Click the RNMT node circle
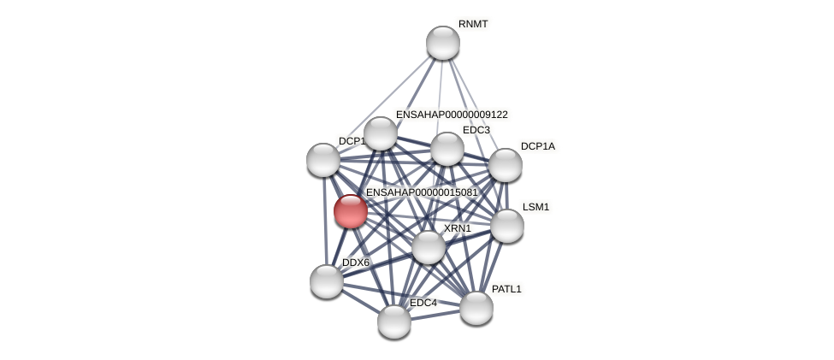click(443, 43)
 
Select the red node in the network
click(351, 211)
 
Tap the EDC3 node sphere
click(447, 149)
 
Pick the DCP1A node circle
click(506, 165)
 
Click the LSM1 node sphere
click(507, 226)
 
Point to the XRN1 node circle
click(429, 247)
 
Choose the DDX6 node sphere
click(327, 280)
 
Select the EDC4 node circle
click(394, 321)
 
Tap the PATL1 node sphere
click(476, 308)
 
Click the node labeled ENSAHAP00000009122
click(381, 133)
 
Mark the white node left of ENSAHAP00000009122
click(323, 160)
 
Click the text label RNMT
click(473, 24)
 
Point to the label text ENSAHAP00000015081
click(422, 192)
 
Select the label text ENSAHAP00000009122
click(452, 115)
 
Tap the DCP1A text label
click(537, 146)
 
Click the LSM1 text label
click(535, 207)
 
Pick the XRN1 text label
click(457, 228)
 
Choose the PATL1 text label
click(506, 289)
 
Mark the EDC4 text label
click(423, 303)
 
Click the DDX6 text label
click(356, 263)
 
